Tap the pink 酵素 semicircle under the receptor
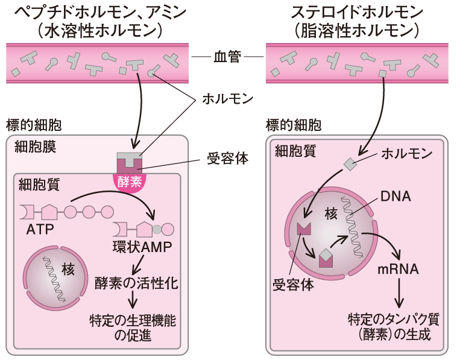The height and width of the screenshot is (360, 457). [131, 181]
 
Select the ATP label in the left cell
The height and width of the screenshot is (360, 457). [40, 230]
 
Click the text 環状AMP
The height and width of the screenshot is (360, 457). [142, 248]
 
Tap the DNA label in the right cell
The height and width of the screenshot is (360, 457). [396, 196]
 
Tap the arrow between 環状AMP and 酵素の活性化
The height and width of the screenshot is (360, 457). [138, 264]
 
